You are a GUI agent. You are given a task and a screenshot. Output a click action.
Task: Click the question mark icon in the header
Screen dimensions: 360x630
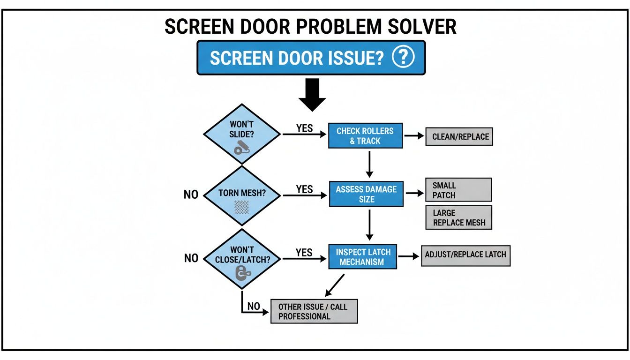tap(403, 58)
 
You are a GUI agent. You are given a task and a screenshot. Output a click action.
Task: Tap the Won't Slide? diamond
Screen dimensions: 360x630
tap(242, 134)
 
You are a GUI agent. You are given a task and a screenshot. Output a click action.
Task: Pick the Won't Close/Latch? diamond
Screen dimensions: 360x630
tap(242, 259)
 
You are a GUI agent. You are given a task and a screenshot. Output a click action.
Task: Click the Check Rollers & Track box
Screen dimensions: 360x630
tap(366, 136)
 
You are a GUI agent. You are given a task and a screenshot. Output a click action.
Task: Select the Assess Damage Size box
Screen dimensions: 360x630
tap(366, 194)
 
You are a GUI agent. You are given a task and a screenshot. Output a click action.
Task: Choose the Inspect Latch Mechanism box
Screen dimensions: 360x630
tap(362, 257)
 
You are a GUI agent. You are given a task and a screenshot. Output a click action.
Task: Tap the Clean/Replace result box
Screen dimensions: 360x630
tap(459, 137)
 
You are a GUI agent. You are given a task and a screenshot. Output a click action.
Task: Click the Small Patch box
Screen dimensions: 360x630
tap(458, 190)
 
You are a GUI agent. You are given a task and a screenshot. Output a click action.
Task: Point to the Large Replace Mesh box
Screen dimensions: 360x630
tap(458, 217)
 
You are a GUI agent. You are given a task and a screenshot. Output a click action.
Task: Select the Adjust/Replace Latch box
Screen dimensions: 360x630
tap(465, 255)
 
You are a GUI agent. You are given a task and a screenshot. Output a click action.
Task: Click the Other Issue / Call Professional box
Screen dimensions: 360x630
tap(314, 311)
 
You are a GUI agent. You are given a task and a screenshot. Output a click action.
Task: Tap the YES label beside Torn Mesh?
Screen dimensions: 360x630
tap(304, 189)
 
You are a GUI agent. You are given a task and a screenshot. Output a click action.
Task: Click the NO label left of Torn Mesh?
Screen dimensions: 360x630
tap(191, 195)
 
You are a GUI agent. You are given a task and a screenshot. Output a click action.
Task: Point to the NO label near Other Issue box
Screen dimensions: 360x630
tap(254, 306)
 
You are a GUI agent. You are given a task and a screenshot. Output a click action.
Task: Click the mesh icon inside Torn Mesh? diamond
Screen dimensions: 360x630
tap(241, 207)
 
